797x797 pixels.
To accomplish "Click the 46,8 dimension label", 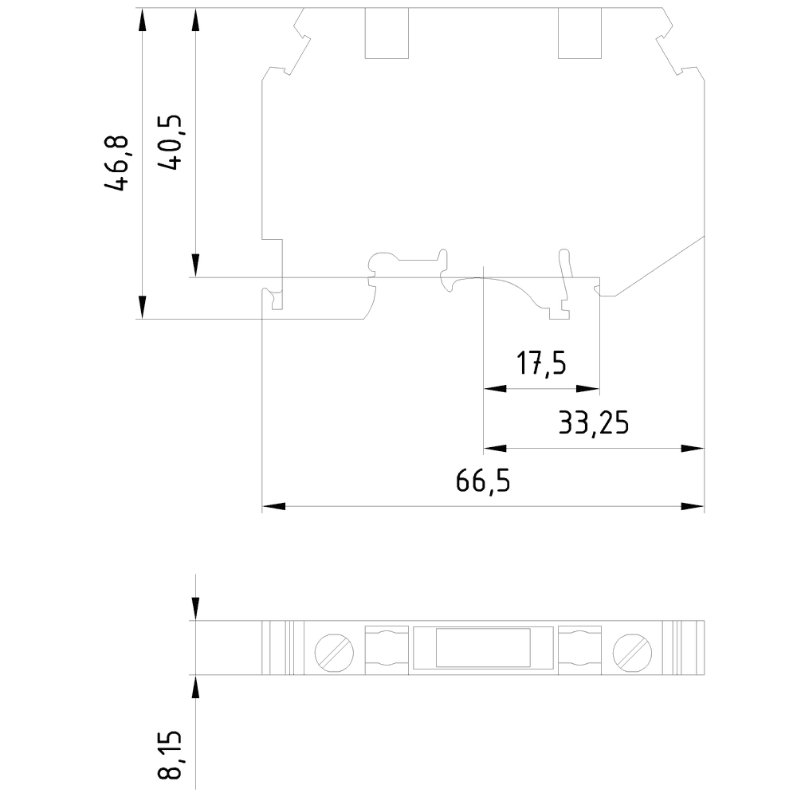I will tap(116, 163).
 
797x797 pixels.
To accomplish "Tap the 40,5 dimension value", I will tap(170, 143).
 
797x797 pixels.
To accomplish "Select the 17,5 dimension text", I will tap(540, 365).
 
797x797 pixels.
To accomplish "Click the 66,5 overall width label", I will tap(483, 481).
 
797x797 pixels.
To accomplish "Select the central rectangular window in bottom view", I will tap(483, 647).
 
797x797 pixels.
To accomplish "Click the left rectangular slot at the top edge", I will tap(387, 33).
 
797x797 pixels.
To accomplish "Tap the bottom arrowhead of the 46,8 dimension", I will tap(143, 307).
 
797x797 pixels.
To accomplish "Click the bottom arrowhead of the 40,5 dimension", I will tap(195, 265).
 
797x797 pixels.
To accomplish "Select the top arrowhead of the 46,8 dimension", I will tap(143, 21).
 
